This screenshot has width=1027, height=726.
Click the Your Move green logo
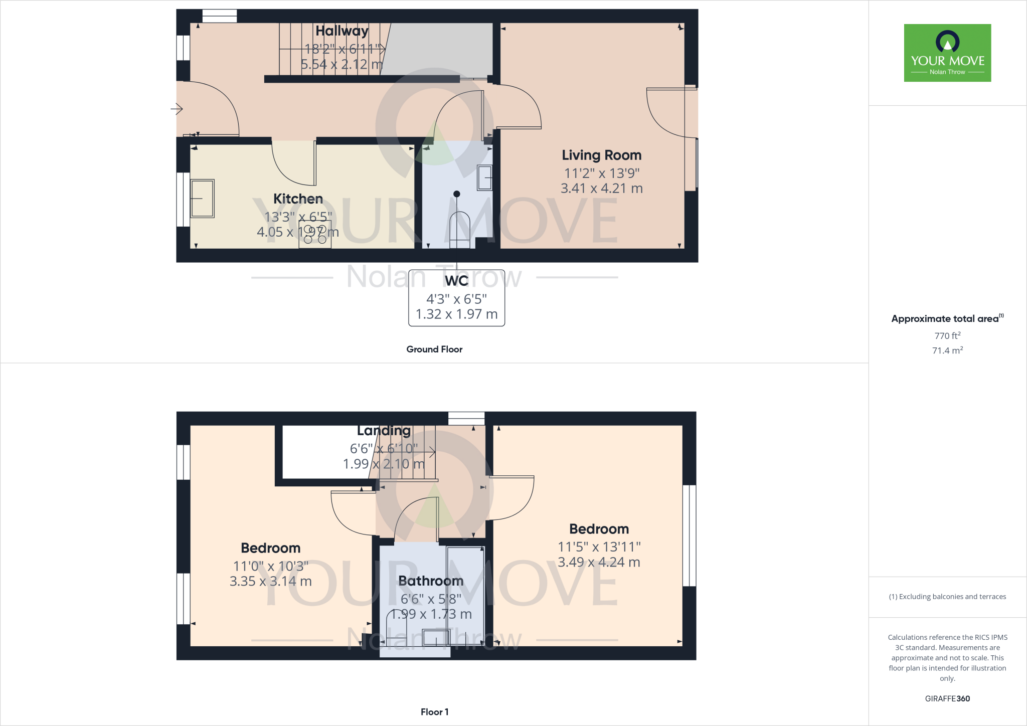click(x=947, y=53)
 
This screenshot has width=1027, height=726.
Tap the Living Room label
click(x=601, y=155)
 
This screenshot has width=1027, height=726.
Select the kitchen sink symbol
click(x=203, y=199)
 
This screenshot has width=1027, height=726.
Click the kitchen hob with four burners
click(x=315, y=234)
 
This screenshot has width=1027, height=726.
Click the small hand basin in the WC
click(x=484, y=177)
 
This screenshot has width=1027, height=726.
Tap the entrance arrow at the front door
click(x=177, y=109)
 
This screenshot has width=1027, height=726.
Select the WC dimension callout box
click(x=456, y=298)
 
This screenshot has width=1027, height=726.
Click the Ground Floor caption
click(x=434, y=349)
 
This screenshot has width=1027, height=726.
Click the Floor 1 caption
click(x=434, y=712)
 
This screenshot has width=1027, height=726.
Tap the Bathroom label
click(x=431, y=581)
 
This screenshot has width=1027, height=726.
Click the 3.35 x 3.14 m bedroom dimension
click(x=270, y=582)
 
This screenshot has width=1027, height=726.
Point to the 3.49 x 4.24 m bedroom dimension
click(x=599, y=563)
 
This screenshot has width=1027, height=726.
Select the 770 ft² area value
click(x=947, y=336)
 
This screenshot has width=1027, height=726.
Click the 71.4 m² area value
click(x=947, y=350)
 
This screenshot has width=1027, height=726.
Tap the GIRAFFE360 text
click(x=947, y=698)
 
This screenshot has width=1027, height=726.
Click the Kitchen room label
click(x=298, y=199)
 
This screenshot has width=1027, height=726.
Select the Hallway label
click(x=342, y=31)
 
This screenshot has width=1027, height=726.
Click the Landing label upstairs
click(x=384, y=431)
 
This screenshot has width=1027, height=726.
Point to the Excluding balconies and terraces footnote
click(x=947, y=597)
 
